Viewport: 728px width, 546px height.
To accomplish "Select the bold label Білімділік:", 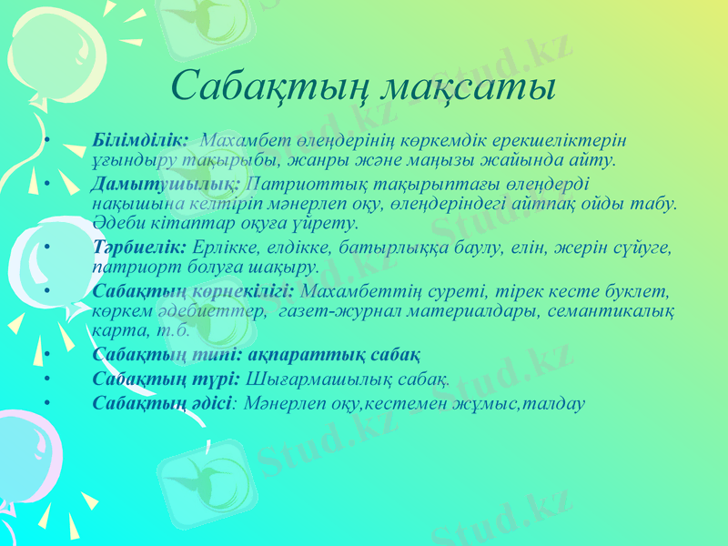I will click(140, 141).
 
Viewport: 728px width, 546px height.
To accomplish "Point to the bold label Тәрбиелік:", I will click(138, 248).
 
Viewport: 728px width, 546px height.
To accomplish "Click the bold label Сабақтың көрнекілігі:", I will click(193, 292).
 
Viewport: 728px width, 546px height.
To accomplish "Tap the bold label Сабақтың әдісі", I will click(162, 400).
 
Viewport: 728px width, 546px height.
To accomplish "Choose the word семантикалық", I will click(612, 311).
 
